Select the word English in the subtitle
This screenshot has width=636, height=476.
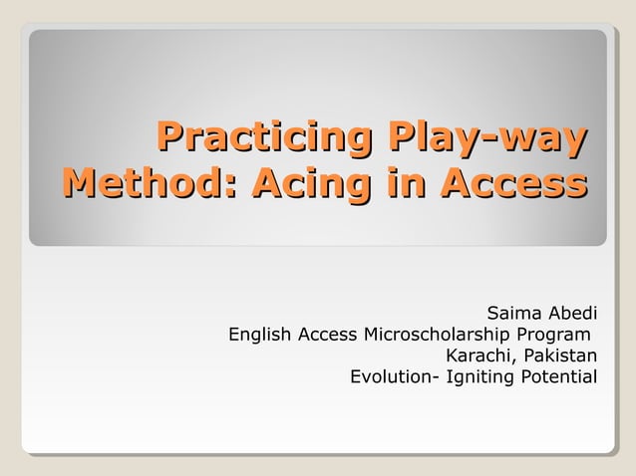[258, 334]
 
